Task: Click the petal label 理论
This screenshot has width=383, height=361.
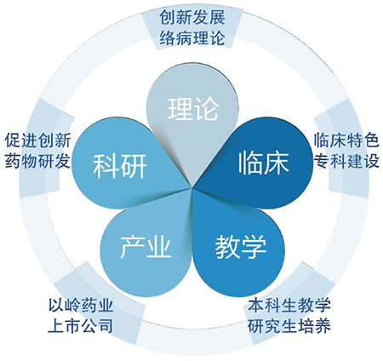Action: [193, 109]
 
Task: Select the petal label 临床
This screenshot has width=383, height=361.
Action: [263, 163]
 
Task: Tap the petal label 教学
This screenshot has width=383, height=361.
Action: [241, 247]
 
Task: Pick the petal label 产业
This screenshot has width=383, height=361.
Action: [146, 247]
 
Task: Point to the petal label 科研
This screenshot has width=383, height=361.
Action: [120, 166]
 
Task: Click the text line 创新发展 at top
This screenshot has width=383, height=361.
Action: [192, 18]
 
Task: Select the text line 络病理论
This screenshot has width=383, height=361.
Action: [192, 37]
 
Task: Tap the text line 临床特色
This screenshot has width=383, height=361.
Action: [346, 140]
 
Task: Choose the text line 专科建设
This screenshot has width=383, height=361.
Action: [346, 161]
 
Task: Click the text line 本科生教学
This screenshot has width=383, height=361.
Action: [289, 305]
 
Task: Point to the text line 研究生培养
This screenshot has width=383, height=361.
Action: [289, 326]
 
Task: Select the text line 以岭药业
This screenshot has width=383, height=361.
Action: [81, 305]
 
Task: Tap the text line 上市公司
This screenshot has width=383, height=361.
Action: [81, 326]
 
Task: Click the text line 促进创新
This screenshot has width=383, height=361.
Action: [37, 140]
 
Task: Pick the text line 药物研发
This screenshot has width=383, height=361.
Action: [37, 161]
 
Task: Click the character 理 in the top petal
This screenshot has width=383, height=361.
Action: [180, 109]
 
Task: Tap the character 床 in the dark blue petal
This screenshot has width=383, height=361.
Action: [277, 163]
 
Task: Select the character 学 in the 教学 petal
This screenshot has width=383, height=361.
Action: [254, 247]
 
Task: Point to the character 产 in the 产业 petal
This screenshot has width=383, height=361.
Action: [133, 247]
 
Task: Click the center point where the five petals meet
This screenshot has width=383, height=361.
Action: [192, 188]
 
